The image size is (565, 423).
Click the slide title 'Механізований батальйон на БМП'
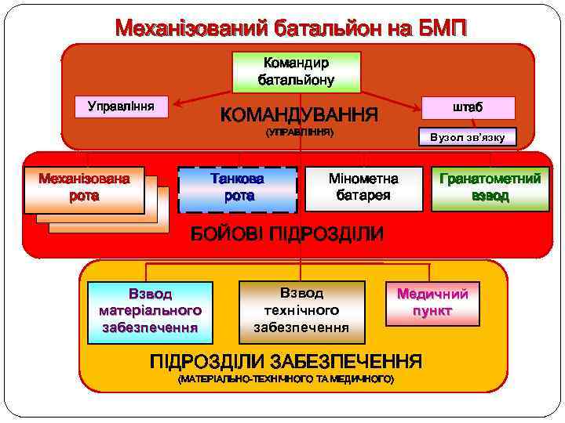click(290, 29)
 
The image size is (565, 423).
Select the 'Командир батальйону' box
click(296, 71)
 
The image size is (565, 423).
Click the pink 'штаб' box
click(468, 107)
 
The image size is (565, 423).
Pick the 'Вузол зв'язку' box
click(467, 138)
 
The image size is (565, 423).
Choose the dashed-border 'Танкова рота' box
click(237, 189)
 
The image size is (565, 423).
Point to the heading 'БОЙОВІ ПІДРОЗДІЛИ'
click(288, 233)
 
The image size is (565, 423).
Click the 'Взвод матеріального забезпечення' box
click(150, 312)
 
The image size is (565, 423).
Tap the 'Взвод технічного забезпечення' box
click(301, 310)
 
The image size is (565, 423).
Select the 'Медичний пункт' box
click(432, 302)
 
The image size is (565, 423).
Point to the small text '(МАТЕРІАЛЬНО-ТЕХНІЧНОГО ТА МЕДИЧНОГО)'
click(286, 379)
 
